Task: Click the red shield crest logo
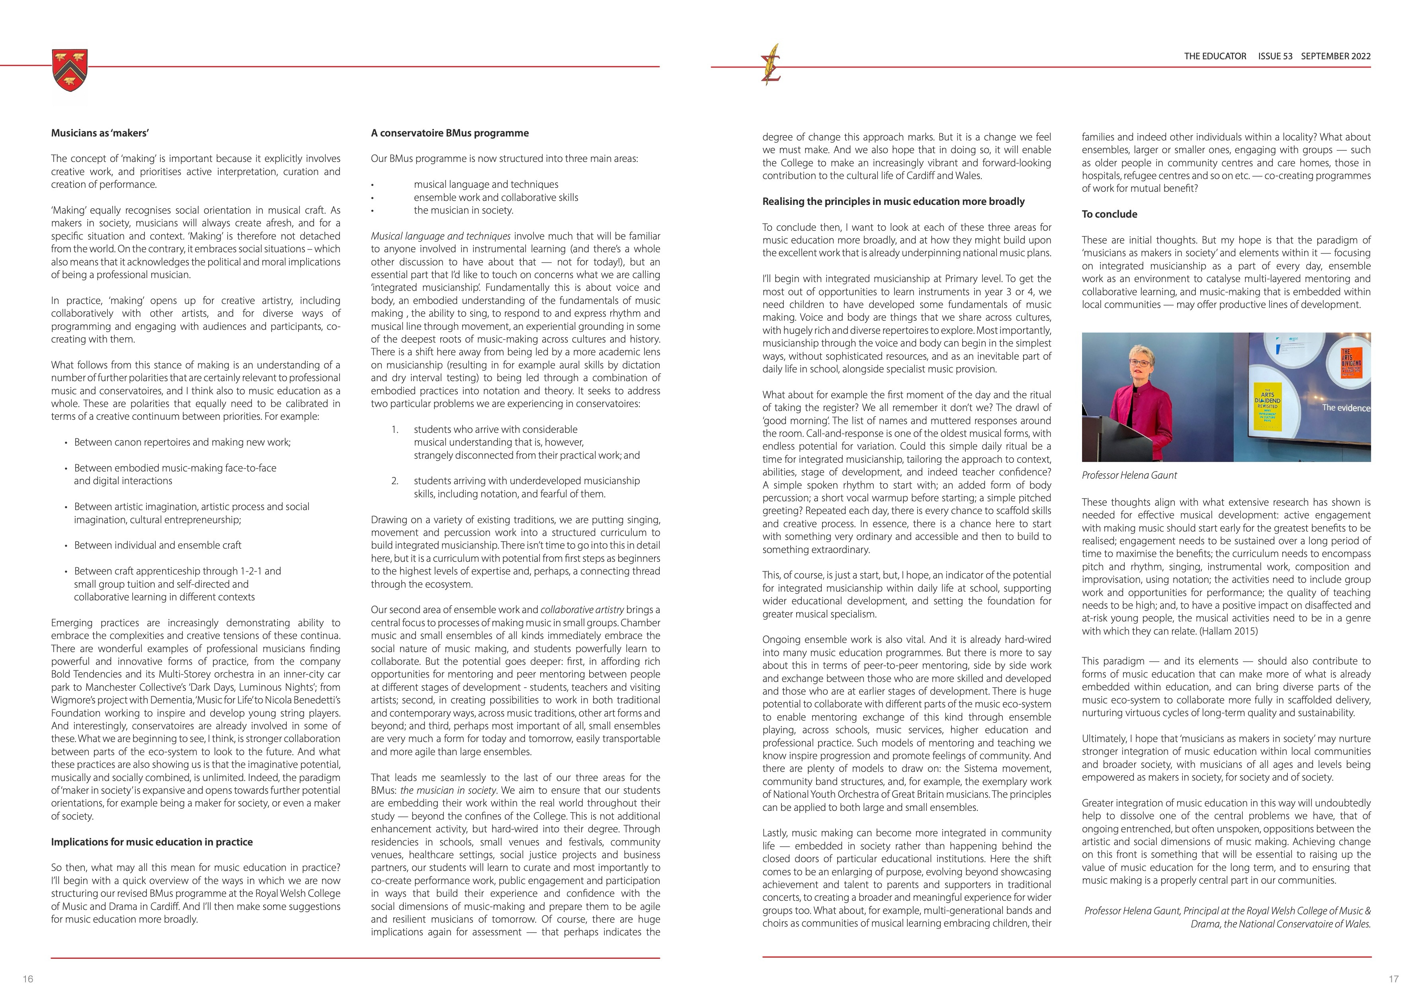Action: [70, 70]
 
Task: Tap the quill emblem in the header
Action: [772, 65]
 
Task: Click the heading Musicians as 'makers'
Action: [100, 133]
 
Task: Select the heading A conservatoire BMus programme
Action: [449, 133]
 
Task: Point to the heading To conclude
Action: [1109, 214]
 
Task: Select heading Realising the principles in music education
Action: [893, 201]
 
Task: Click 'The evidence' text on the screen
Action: [1345, 408]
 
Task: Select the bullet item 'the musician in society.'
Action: [463, 210]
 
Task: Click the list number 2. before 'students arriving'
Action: [395, 481]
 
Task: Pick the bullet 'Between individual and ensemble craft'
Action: [157, 545]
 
